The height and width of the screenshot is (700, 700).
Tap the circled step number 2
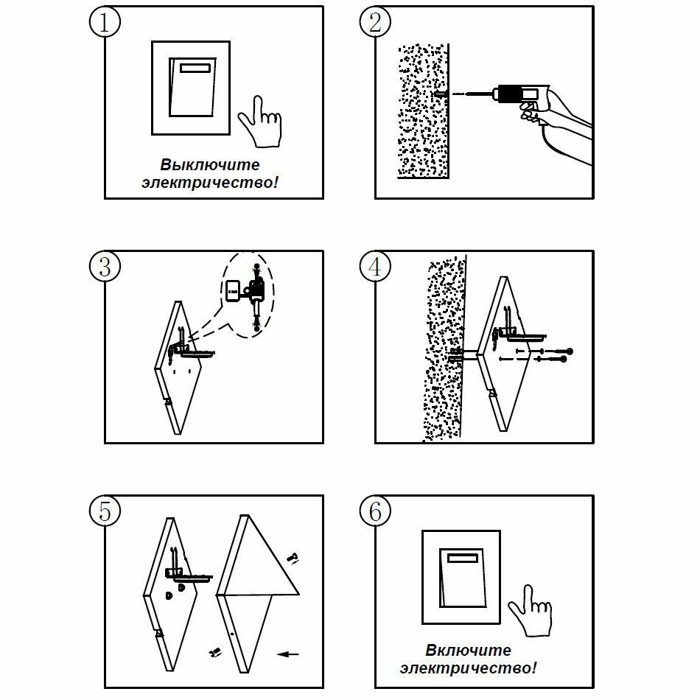[x=375, y=22]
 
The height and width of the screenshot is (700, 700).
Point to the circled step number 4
[x=375, y=267]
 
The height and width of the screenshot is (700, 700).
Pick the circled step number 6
[x=375, y=511]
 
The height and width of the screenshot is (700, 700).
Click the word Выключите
[x=210, y=164]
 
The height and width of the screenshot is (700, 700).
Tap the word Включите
[x=468, y=651]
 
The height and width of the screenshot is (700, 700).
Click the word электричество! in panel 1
[x=210, y=181]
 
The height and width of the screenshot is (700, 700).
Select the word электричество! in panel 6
[x=468, y=668]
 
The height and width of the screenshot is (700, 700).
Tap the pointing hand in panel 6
[x=531, y=611]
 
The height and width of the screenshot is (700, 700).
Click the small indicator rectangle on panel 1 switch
[x=196, y=68]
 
